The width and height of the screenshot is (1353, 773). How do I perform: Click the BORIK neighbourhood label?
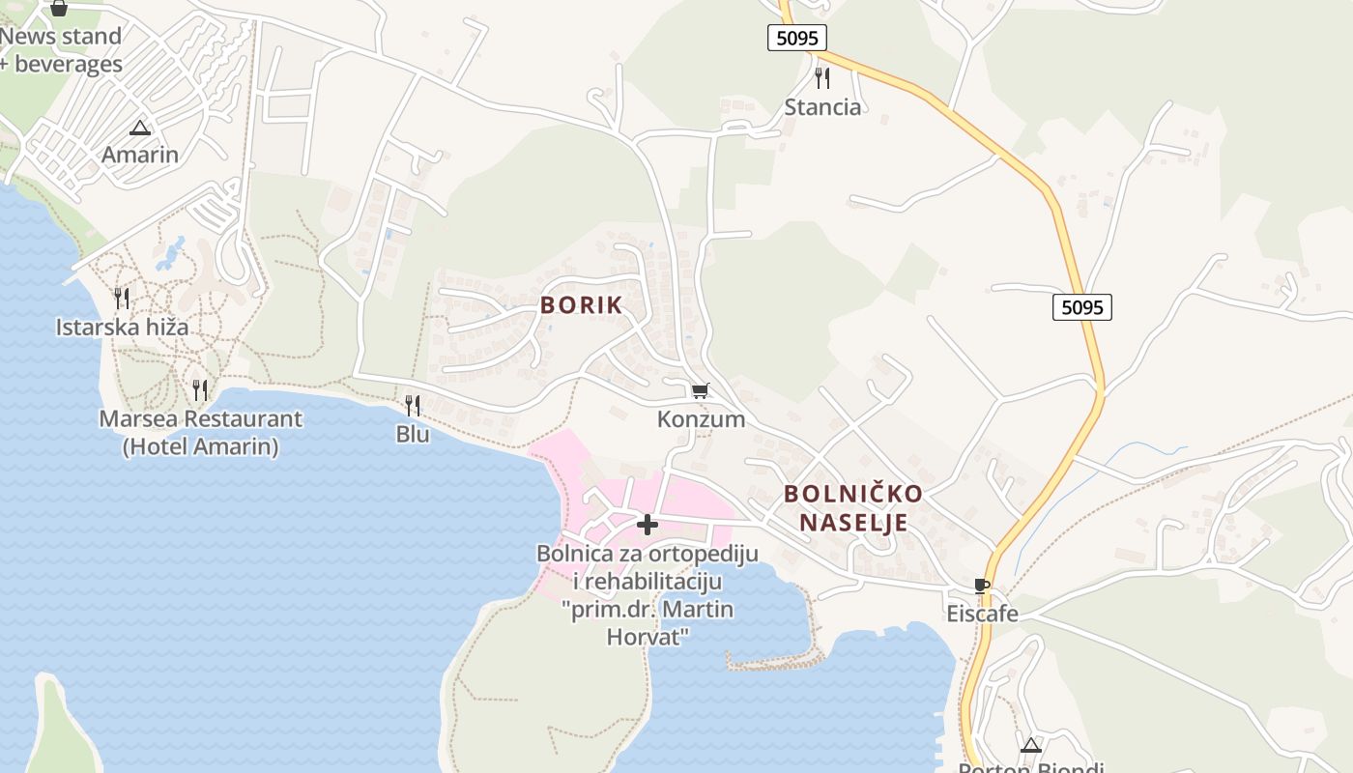pos(581,305)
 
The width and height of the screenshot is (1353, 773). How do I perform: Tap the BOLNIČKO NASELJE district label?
pos(852,508)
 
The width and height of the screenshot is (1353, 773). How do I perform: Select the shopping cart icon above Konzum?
pos(701,390)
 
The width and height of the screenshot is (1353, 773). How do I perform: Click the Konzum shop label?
pos(701,419)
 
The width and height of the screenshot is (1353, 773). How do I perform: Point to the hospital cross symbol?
pos(648,525)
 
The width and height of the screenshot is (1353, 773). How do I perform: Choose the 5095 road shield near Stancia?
pos(797,38)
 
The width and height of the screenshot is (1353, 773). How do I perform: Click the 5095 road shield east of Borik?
pos(1081,307)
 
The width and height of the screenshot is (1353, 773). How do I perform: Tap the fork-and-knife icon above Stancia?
pos(822,77)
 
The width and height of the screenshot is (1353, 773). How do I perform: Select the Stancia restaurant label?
pos(822,107)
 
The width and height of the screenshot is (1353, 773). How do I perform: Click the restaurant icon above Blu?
pos(413,405)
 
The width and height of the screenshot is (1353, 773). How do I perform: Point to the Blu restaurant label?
pos(413,435)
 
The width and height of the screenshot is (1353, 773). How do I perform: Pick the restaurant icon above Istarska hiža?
pos(122,298)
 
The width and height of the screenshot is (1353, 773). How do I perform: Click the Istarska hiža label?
pos(122,328)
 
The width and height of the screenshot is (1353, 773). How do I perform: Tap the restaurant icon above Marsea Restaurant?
pos(200,389)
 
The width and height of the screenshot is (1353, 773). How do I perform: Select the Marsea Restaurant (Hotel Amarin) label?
pos(200,433)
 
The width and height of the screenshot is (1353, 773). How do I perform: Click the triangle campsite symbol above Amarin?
pos(140,128)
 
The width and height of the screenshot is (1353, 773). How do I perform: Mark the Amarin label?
pos(140,155)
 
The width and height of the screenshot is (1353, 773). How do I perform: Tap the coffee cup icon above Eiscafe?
pos(982,586)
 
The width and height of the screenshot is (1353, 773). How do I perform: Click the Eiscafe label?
pos(982,615)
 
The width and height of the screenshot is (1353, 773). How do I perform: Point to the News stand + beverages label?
pos(61,50)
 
